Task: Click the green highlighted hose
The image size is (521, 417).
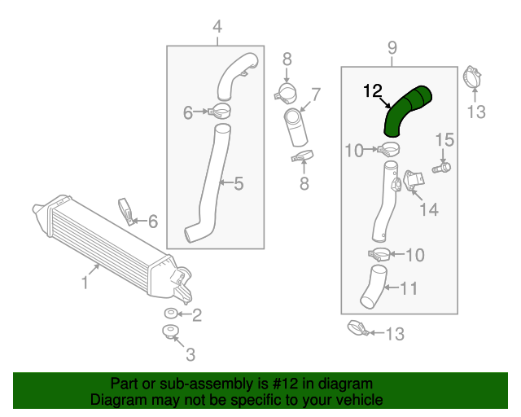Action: tap(405, 112)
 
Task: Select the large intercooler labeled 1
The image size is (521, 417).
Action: tap(102, 240)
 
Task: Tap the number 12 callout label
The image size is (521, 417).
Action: tap(373, 93)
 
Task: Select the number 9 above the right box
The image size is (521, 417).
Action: tap(392, 47)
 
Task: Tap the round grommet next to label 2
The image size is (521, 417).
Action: tap(170, 314)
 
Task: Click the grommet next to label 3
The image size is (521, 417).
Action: tap(169, 332)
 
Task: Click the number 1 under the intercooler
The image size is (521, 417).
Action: tap(85, 283)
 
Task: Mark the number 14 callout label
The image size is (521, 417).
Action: tap(428, 210)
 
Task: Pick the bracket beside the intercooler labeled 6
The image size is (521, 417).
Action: tap(127, 210)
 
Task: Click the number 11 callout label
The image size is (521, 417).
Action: tap(409, 288)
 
